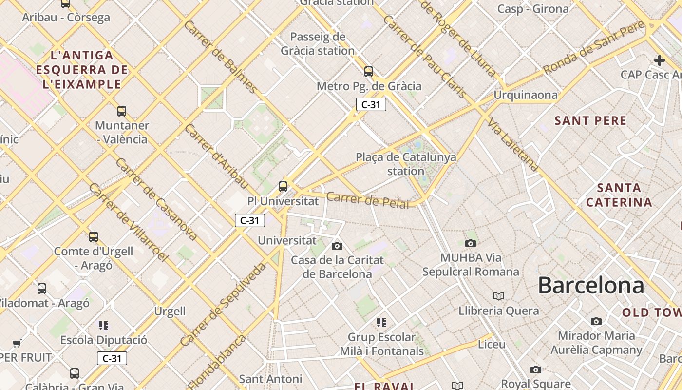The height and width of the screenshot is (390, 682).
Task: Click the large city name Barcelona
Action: coord(590,285)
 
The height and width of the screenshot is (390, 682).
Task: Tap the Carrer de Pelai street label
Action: coord(368,200)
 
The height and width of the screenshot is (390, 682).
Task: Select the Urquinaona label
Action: coord(526,95)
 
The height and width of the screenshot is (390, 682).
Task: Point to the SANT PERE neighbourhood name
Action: coord(590,120)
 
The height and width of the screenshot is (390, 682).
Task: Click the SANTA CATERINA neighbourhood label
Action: coord(619,195)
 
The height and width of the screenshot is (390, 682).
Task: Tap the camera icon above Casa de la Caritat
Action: coord(337,246)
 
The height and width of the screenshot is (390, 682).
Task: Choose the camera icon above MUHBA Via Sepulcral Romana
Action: coord(470,243)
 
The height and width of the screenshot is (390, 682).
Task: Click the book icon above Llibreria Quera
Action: coord(498,296)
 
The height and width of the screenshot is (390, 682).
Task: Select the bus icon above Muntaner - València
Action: coord(122,111)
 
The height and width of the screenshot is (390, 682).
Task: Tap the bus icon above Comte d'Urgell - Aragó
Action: coord(94,237)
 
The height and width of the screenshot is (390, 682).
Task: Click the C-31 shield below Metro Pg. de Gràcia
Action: coord(371,104)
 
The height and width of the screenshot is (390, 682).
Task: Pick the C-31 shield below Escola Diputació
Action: coord(112,359)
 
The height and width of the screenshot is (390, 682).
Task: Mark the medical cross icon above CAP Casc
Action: coord(659,60)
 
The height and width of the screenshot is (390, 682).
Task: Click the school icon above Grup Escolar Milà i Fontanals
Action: coord(381,322)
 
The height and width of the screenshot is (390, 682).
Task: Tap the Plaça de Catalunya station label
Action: coord(406,164)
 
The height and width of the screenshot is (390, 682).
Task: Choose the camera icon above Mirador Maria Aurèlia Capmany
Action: coord(596,321)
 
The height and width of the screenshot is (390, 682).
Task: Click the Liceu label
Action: coord(492,345)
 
